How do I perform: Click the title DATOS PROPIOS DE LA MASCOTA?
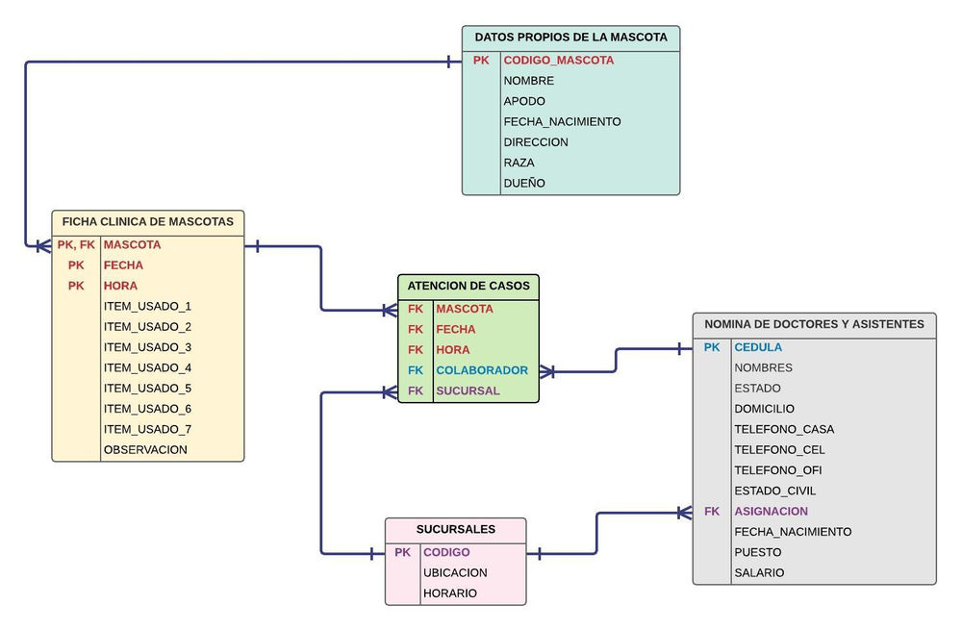click(x=570, y=38)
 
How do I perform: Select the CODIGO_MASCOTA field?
click(x=558, y=60)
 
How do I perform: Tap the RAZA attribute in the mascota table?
click(x=519, y=163)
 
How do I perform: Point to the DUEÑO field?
click(x=524, y=183)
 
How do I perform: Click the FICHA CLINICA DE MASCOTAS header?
click(x=147, y=221)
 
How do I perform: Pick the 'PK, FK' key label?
click(x=76, y=244)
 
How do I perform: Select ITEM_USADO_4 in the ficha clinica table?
click(x=147, y=367)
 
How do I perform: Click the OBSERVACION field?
click(x=145, y=449)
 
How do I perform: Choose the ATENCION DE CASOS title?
click(x=468, y=286)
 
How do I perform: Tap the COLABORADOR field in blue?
click(x=481, y=370)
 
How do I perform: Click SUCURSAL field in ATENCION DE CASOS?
click(x=468, y=391)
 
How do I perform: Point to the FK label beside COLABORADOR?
click(x=415, y=370)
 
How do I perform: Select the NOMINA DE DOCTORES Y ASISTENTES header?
click(x=814, y=324)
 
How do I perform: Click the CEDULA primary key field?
click(x=758, y=347)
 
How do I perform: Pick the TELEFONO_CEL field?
click(x=779, y=449)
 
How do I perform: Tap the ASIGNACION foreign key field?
click(x=771, y=511)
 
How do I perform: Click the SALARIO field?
click(x=759, y=572)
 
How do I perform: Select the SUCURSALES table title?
click(x=455, y=529)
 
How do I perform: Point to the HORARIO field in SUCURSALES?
click(x=449, y=593)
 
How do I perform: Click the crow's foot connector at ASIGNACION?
click(x=684, y=512)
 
